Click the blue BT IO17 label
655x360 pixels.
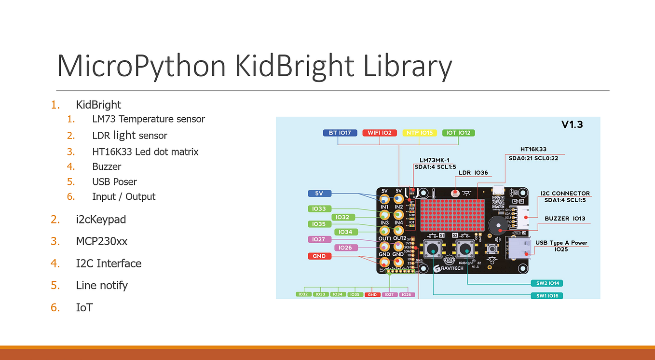pyautogui.click(x=340, y=133)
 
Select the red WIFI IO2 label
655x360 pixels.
pyautogui.click(x=380, y=133)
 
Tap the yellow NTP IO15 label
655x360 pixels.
pyautogui.click(x=419, y=133)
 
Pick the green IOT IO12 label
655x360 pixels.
pyautogui.click(x=458, y=133)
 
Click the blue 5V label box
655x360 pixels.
pyautogui.click(x=319, y=194)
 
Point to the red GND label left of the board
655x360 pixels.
pyautogui.click(x=319, y=256)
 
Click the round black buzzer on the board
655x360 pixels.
pyautogui.click(x=496, y=225)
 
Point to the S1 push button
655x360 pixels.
pyautogui.click(x=434, y=249)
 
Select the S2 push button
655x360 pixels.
pyautogui.click(x=465, y=249)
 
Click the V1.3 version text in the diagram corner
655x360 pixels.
pyautogui.click(x=572, y=125)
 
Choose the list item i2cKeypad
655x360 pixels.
pyautogui.click(x=101, y=220)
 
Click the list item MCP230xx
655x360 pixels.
pyautogui.click(x=101, y=241)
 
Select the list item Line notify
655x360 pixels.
pyautogui.click(x=102, y=285)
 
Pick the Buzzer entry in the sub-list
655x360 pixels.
pyautogui.click(x=107, y=166)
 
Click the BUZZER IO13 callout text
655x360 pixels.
pyautogui.click(x=565, y=219)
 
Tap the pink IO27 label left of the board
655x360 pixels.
pyautogui.click(x=319, y=239)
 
